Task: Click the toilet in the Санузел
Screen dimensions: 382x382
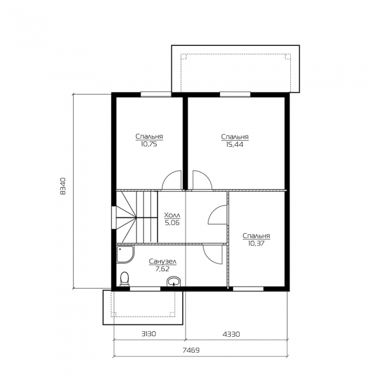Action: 125,279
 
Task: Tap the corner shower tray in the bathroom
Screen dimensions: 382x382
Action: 125,255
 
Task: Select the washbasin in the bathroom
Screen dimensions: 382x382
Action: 174,282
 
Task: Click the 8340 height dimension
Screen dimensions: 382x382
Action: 63,186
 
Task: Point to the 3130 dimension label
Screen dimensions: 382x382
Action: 148,333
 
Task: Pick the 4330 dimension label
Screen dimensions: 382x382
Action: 231,334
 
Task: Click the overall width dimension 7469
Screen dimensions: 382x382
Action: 191,350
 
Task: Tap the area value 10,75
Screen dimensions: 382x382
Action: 148,144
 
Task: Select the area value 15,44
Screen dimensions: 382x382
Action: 234,145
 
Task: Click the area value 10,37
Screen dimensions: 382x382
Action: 256,243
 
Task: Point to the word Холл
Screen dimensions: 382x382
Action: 172,216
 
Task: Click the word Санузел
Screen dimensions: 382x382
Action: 163,261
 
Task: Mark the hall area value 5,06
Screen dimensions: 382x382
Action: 172,223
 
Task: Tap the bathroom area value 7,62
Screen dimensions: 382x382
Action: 162,269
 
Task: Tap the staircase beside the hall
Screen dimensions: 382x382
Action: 136,217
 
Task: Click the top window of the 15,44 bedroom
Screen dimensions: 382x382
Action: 235,94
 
